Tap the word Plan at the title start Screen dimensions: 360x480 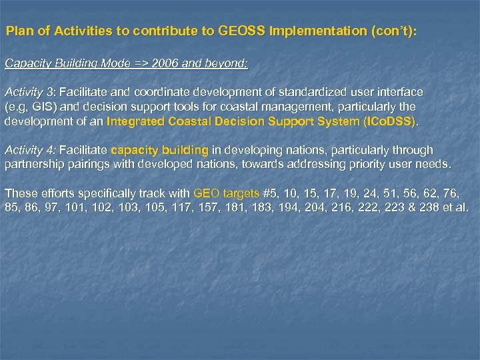click(x=19, y=31)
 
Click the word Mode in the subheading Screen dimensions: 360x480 click(x=120, y=63)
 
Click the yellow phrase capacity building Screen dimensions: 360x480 click(x=159, y=150)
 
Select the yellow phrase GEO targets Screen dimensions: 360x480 click(x=225, y=193)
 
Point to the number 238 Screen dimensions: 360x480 click(x=432, y=207)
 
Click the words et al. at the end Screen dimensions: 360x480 click(x=459, y=207)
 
